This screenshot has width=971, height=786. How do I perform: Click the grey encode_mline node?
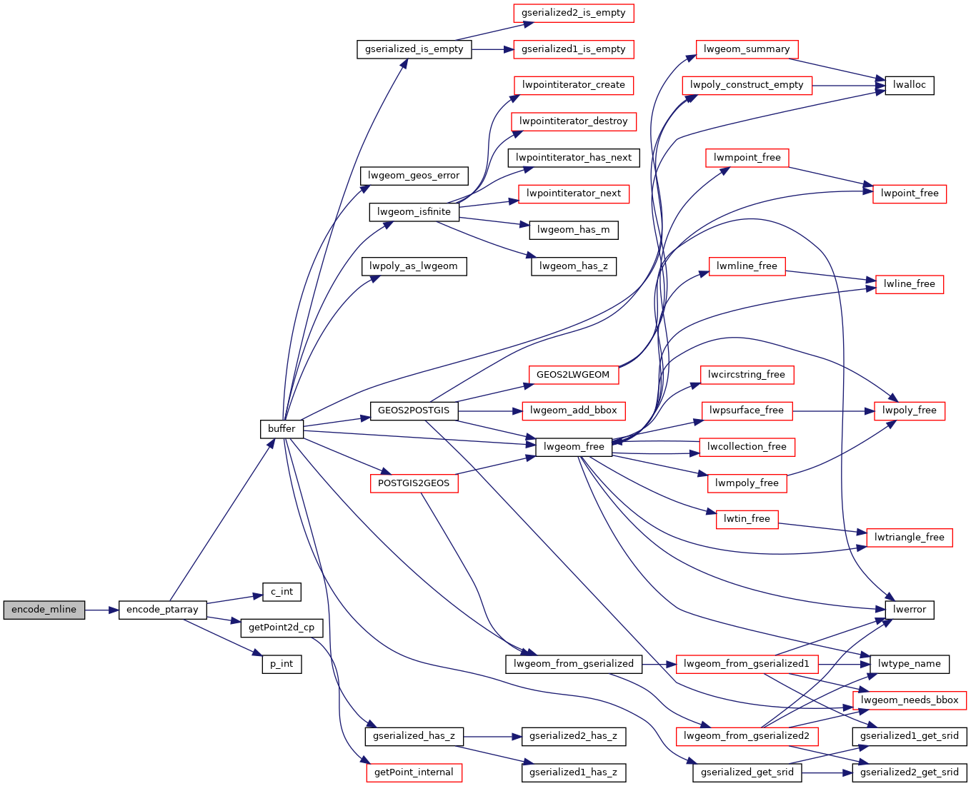44,610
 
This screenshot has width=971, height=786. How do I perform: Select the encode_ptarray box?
162,610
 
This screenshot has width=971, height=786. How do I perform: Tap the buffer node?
282,428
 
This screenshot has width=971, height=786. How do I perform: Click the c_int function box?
282,592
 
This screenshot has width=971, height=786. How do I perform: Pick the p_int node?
282,664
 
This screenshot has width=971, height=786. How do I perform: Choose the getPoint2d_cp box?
282,628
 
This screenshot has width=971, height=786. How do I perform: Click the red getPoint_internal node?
414,772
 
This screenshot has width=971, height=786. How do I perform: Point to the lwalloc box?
909,85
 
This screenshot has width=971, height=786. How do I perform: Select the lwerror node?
909,610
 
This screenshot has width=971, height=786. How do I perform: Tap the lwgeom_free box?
574,447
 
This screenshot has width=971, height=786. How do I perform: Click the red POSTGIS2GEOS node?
414,483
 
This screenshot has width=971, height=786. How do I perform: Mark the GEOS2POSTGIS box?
414,410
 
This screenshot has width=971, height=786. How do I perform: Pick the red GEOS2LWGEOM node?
573,375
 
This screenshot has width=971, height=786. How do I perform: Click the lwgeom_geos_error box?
414,176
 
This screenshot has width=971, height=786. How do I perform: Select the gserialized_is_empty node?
414,49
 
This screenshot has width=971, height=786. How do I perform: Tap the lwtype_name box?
909,664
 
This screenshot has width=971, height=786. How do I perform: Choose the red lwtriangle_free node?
909,538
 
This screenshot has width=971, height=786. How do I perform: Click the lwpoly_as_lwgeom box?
414,266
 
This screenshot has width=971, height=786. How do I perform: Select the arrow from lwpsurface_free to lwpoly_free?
833,411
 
